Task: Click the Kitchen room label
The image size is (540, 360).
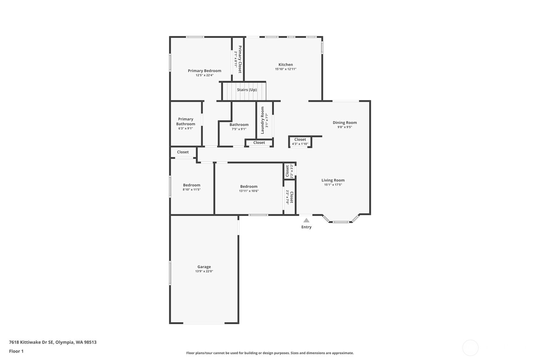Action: pos(286,65)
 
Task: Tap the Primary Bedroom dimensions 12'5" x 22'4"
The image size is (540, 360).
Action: pos(204,75)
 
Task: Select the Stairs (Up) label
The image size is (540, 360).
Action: pos(247,90)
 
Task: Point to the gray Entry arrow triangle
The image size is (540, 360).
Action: pos(306,220)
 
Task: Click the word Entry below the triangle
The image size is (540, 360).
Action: pos(306,227)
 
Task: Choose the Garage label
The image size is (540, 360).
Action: pos(204,267)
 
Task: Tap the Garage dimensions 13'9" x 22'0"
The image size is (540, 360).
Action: pos(204,271)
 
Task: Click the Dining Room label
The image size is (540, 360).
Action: pos(345,123)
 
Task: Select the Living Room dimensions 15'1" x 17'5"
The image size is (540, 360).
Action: pos(333,185)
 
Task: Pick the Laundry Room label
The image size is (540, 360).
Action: pos(263,120)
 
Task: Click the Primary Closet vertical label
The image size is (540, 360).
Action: pos(240,59)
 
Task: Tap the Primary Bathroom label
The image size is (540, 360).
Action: pos(186,122)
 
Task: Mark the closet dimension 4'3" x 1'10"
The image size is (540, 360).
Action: pos(300,144)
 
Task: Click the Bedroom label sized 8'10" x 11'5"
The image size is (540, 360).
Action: pos(192,185)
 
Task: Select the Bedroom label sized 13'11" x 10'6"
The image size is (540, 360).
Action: pos(249,187)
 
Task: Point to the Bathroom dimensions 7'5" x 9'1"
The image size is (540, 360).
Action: pos(239,129)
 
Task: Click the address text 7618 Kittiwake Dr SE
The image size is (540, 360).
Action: pos(31,342)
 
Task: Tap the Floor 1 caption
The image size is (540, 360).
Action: pos(17,351)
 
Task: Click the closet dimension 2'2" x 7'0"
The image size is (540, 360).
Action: pos(287,197)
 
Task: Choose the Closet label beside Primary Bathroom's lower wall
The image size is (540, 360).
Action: pos(183,152)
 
